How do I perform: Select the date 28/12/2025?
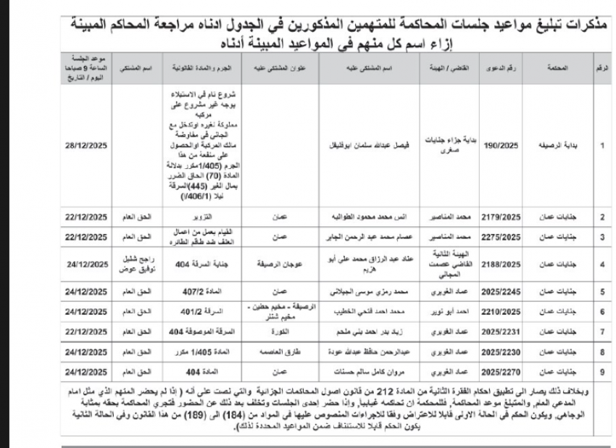[86, 145]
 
